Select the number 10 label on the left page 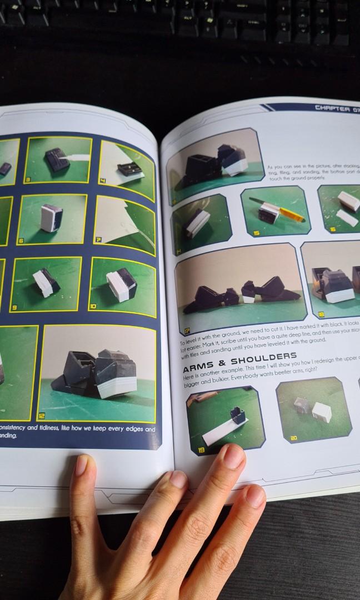click(93, 306)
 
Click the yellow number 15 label click(257, 233)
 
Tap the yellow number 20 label click(294, 438)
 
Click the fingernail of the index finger click(234, 457)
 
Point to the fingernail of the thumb click(81, 465)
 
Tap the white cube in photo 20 click(321, 411)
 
